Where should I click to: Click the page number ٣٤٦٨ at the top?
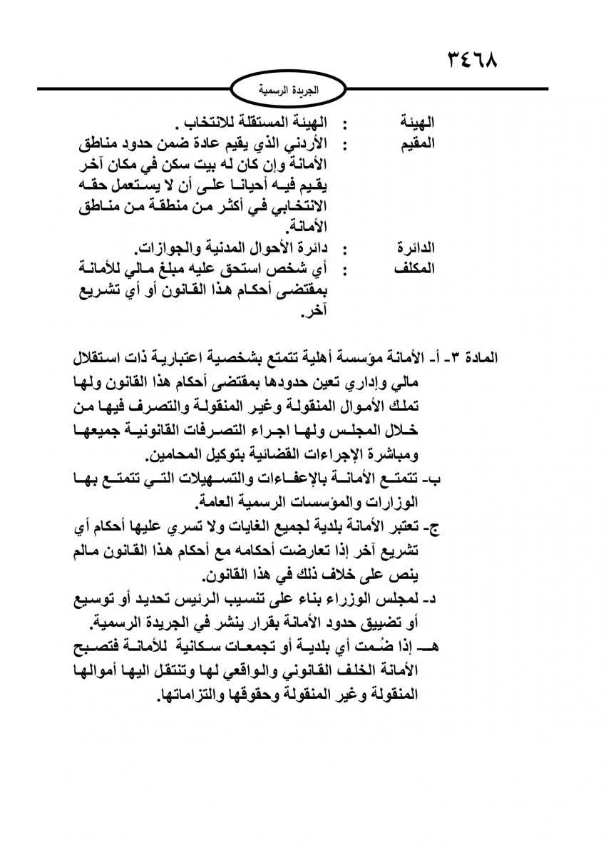tap(472, 56)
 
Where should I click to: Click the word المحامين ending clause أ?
tap(173, 455)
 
